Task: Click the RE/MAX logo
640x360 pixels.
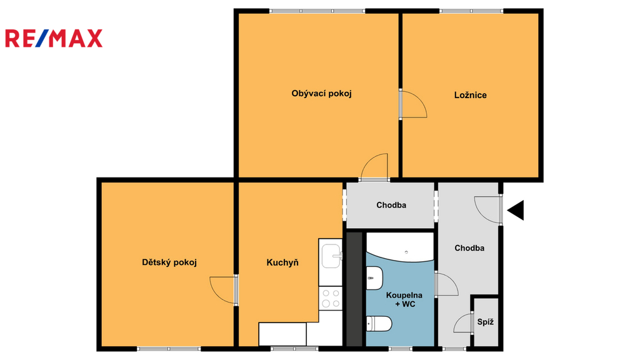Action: click(54, 38)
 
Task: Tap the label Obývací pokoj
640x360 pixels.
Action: click(321, 94)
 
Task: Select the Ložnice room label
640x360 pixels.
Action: click(470, 95)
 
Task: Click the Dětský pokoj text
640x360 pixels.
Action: click(169, 262)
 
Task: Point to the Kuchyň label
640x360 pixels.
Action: click(282, 262)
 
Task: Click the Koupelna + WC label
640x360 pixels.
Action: click(404, 299)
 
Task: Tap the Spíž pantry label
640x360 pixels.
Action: click(485, 322)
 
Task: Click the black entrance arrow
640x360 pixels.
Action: click(516, 210)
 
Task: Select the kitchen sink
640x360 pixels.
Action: click(331, 256)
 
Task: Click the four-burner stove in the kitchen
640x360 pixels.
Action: click(331, 298)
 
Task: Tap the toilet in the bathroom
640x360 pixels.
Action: click(379, 324)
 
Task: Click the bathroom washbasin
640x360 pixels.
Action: click(374, 278)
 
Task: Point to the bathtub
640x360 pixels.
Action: click(400, 247)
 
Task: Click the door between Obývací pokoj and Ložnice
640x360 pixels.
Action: click(413, 104)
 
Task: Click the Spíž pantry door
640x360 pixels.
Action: click(464, 323)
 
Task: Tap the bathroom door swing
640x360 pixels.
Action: click(446, 284)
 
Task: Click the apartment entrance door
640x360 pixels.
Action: click(488, 210)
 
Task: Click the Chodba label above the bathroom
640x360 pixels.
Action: click(391, 205)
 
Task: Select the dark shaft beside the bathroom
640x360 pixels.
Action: click(354, 289)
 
